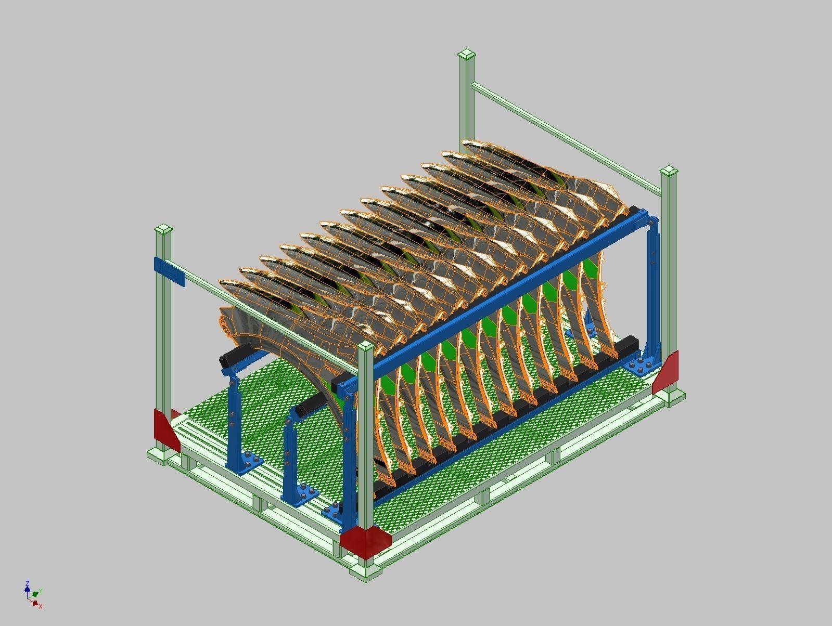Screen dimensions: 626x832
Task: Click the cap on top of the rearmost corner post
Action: (x=467, y=55)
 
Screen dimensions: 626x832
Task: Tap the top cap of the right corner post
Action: (x=669, y=172)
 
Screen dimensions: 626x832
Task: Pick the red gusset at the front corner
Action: (x=365, y=541)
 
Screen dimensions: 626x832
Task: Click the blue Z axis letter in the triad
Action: (x=27, y=583)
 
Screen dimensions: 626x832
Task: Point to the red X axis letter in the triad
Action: (x=41, y=606)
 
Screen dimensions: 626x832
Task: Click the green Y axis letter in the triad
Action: (x=40, y=591)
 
